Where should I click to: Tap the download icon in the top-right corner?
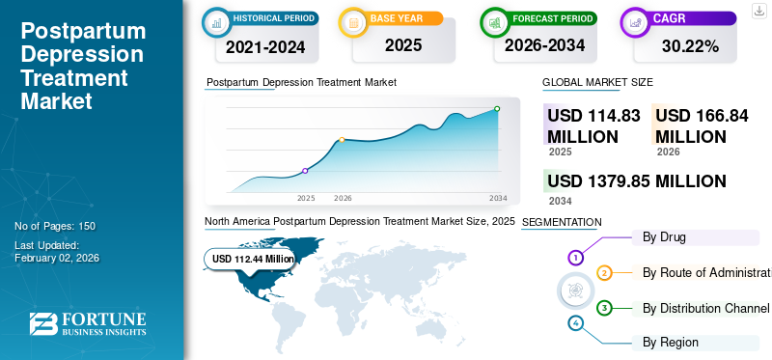(x=758, y=12)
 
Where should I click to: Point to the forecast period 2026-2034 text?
(x=546, y=44)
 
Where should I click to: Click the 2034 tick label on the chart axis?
(x=498, y=198)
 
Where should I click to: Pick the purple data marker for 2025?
(x=306, y=171)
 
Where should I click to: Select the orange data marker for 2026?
(x=342, y=140)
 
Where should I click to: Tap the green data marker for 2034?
(x=497, y=109)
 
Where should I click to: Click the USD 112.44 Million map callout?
(x=254, y=259)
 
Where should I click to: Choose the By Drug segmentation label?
(x=664, y=236)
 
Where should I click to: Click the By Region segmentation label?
(x=671, y=342)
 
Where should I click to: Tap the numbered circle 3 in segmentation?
(x=604, y=308)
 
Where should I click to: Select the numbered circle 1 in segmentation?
(x=576, y=258)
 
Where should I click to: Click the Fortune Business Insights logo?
(x=88, y=324)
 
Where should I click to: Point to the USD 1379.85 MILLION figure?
(x=636, y=180)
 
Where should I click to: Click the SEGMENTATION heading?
(x=561, y=222)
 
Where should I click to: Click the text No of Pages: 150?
(x=55, y=226)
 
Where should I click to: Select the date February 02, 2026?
(x=58, y=258)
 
